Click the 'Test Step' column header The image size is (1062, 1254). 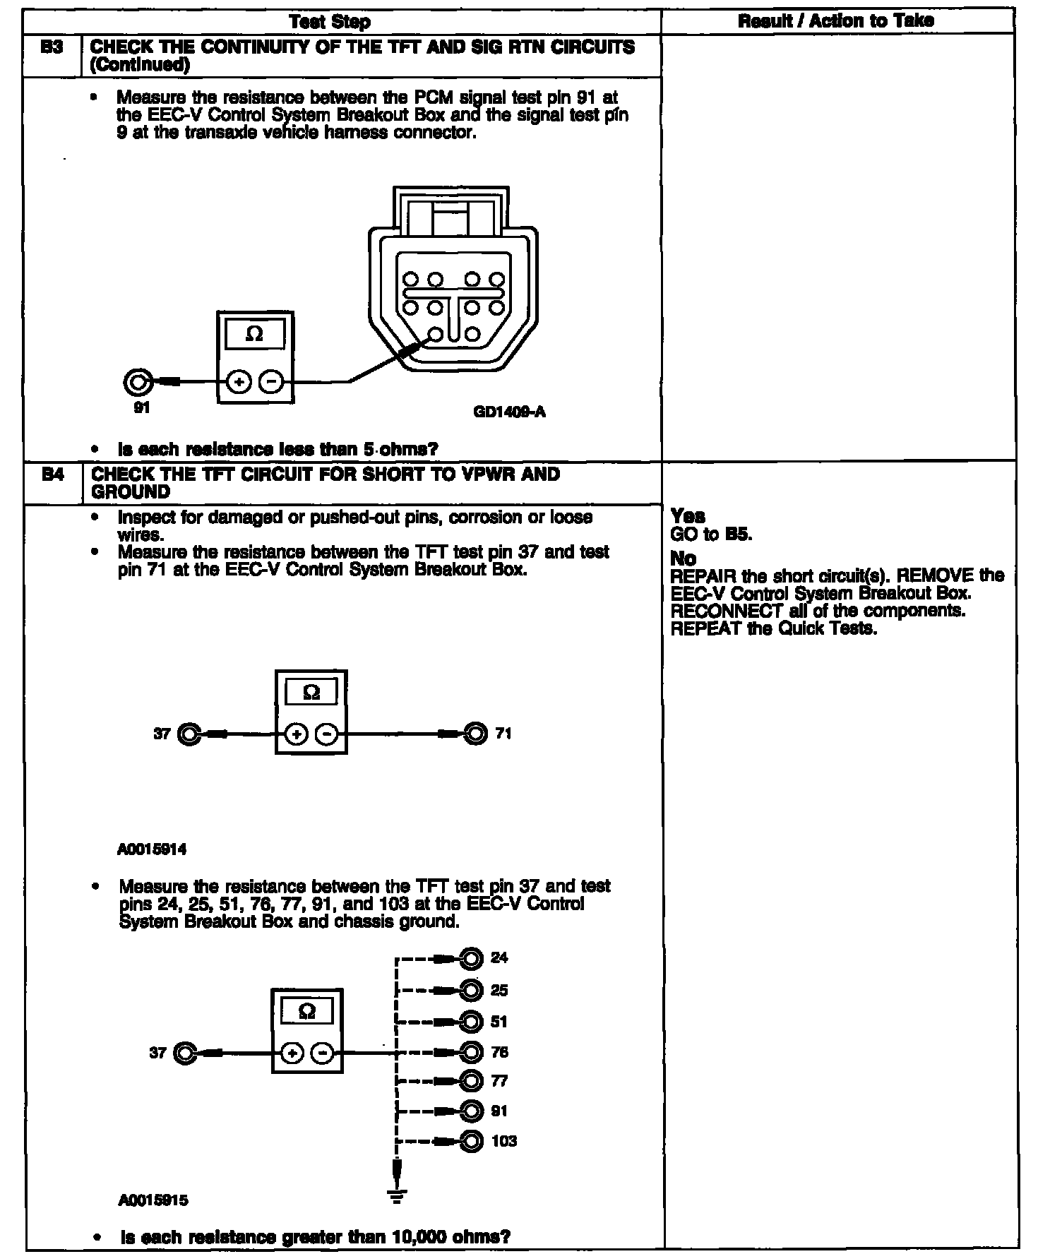tap(330, 22)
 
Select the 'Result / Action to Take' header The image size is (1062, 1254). tap(836, 21)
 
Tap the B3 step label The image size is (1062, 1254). tap(52, 48)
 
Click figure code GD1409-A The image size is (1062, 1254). tap(509, 412)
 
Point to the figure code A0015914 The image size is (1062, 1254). tap(152, 849)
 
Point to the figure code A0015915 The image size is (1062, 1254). tap(153, 1200)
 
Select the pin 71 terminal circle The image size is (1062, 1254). tap(475, 734)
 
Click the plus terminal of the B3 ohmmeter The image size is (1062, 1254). tap(239, 383)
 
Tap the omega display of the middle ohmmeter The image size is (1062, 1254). tap(311, 693)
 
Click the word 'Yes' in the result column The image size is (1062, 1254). tap(688, 516)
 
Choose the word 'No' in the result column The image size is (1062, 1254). tap(684, 559)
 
